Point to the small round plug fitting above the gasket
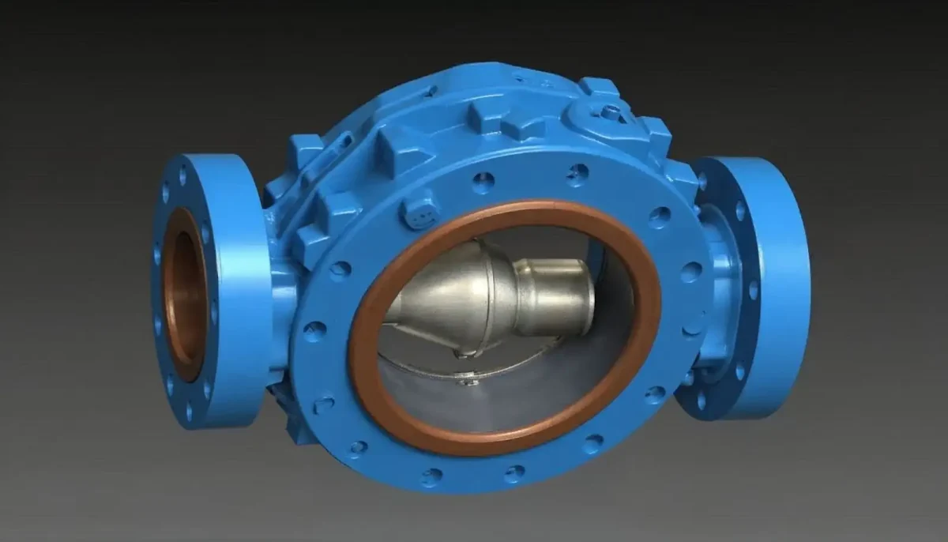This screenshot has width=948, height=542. pyautogui.click(x=420, y=212)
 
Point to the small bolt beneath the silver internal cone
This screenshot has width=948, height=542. pyautogui.click(x=468, y=381)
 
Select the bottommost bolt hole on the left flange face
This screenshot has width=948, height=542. pyautogui.click(x=188, y=412)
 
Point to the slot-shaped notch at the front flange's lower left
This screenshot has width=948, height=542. pyautogui.click(x=324, y=405)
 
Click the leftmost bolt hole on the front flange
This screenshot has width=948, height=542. pyautogui.click(x=314, y=331)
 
